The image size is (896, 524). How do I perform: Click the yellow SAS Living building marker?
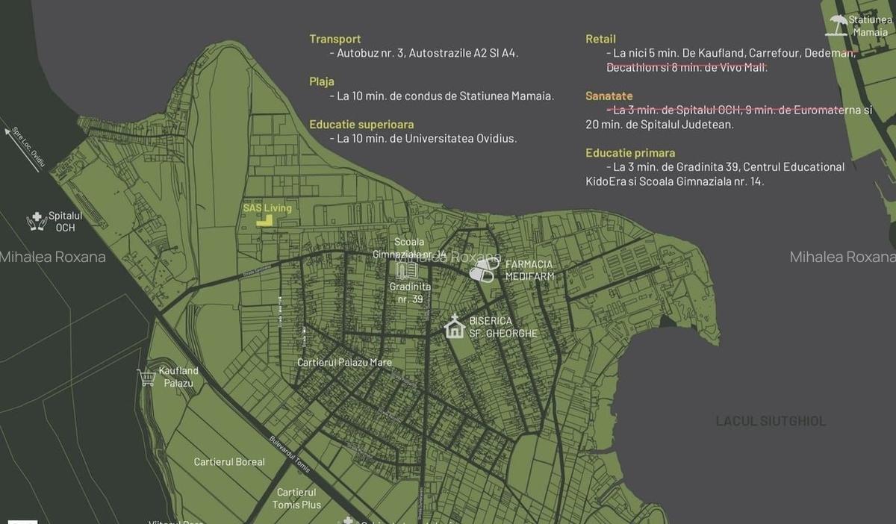coord(264,220)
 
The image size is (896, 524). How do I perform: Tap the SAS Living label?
coord(267,208)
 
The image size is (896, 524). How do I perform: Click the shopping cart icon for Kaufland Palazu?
coord(146,377)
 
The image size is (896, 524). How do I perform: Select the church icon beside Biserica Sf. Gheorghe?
coord(454,327)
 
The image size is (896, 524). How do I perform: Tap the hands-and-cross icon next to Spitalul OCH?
coord(36,221)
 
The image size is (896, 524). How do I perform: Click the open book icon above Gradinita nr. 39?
coord(406,270)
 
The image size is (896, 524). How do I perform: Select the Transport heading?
coord(335,39)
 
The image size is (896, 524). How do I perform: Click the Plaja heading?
coord(322,81)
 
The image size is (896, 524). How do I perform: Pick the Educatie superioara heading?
coord(361,125)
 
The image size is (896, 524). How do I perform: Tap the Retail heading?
coord(600,39)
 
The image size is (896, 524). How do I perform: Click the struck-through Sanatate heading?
coord(609,96)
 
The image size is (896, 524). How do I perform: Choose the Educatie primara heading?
coord(630,153)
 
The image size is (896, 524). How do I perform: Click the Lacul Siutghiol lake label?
coord(771,421)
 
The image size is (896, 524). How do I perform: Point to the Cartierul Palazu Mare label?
coord(344,363)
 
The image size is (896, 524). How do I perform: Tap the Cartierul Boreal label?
coord(229,462)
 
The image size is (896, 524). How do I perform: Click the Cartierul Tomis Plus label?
coord(296,499)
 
